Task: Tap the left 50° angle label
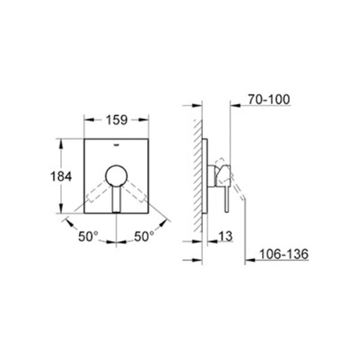[87, 237]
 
